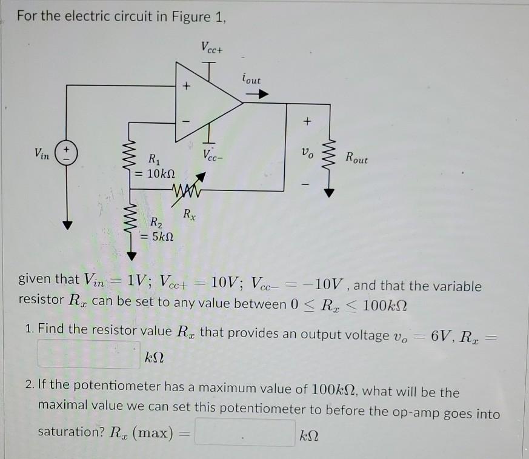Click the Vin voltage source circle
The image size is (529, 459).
[x=67, y=152]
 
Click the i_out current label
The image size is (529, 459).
[x=251, y=79]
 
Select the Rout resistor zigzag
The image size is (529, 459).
[x=329, y=156]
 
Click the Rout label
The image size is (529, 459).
[x=356, y=158]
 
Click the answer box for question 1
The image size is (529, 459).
[x=89, y=354]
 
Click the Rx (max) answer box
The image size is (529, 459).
[x=245, y=433]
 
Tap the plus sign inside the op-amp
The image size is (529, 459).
[x=187, y=87]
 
